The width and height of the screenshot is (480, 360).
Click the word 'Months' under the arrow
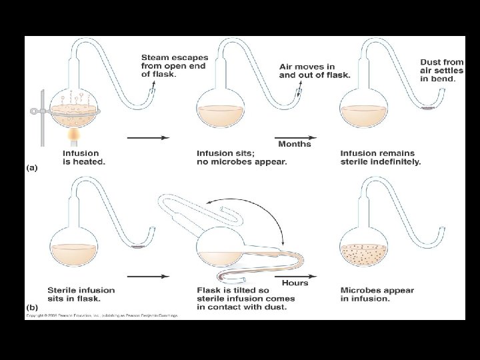tap(294, 144)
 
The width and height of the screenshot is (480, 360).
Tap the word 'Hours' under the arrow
tap(295, 283)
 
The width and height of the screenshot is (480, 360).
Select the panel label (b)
tap(32, 307)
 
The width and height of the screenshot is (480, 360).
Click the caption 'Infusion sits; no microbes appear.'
tap(241, 157)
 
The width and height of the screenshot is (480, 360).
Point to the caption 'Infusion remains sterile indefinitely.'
tap(380, 157)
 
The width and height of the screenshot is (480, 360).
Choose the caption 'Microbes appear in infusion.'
tap(377, 295)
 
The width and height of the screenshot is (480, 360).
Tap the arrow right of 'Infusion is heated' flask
tap(147, 138)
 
